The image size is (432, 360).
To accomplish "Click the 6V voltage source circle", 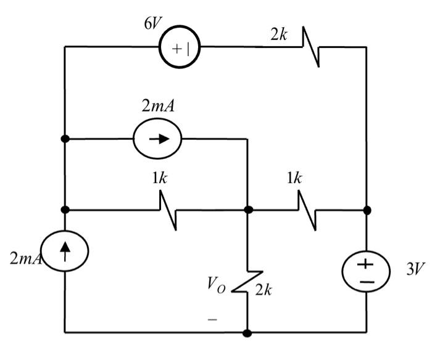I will tap(180, 47).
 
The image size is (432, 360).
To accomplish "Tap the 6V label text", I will tap(153, 16).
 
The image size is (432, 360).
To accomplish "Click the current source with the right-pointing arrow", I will tap(157, 139).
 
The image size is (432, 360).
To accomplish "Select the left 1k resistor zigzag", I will tap(168, 210).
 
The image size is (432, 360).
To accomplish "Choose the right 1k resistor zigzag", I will tap(308, 210).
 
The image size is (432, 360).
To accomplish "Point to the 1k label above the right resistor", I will tap(294, 178).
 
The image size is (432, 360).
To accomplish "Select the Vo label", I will tap(216, 285).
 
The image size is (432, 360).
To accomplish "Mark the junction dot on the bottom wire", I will tap(247, 333).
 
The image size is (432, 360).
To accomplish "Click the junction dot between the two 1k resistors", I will tap(248, 210).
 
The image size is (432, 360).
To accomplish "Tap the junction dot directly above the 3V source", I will tap(367, 210).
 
